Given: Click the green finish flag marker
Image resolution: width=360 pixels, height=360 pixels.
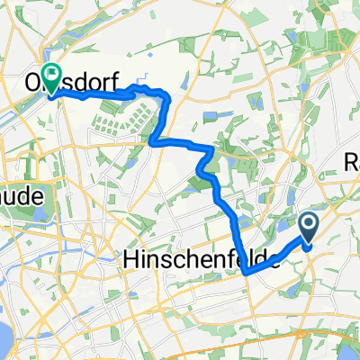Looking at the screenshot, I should point(53,79).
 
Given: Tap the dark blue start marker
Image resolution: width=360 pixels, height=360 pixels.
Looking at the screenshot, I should point(309,229).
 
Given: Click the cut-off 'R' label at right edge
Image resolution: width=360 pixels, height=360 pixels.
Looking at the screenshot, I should point(352,161).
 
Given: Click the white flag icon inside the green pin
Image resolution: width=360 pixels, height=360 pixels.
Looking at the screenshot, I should point(53,77).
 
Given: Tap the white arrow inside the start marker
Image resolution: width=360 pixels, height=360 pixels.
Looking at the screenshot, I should point(309,227).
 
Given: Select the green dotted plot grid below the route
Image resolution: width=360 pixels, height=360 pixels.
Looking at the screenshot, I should point(117,121).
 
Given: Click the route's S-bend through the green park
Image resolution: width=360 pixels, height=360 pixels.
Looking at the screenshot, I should point(205,162).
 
